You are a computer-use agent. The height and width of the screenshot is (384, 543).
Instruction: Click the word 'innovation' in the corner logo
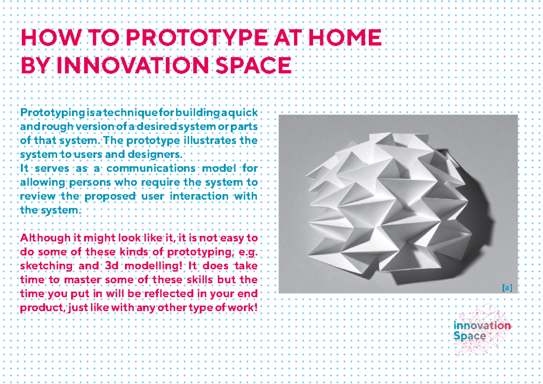(x=482, y=326)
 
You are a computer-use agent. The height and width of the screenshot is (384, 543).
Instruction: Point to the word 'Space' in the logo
(x=470, y=337)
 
